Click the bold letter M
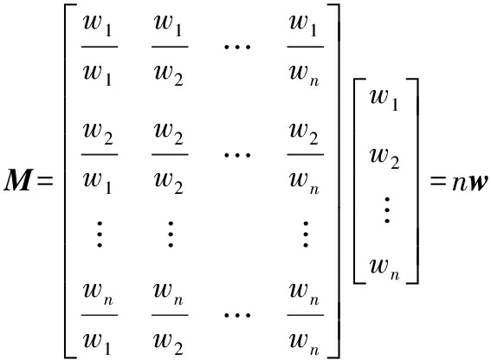click(18, 180)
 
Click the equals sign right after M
click(45, 181)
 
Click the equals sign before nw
click(438, 181)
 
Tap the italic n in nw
click(460, 183)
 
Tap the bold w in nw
click(478, 183)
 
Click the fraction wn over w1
click(100, 315)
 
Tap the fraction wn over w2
click(170, 315)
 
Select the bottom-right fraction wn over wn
click(306, 315)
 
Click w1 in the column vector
click(384, 100)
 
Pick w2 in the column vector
click(384, 158)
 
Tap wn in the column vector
click(384, 268)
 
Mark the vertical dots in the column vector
click(387, 209)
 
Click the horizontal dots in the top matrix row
click(237, 48)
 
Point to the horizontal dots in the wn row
click(237, 315)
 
